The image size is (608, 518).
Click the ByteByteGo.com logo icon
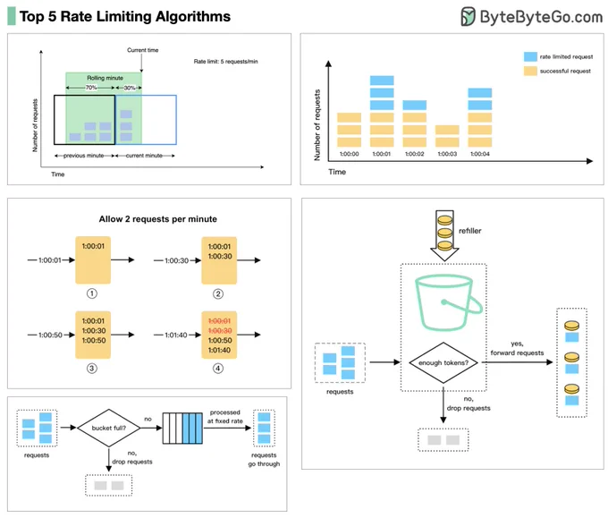(468, 16)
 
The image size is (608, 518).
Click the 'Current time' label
(143, 50)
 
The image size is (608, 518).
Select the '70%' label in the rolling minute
(91, 88)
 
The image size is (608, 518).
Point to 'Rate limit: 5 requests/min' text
(225, 62)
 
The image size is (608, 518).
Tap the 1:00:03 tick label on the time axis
(447, 154)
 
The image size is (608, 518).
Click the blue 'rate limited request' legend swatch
(530, 56)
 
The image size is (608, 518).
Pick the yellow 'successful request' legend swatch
(530, 71)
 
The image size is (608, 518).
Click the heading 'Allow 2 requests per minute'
(158, 219)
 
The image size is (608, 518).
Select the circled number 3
(92, 369)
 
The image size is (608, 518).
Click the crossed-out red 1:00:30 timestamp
(220, 331)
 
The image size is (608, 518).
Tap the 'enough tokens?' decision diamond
(443, 363)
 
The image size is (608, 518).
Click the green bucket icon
(448, 302)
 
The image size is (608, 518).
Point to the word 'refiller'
(470, 231)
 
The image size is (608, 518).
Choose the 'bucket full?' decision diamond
(109, 428)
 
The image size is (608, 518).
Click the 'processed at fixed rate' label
(225, 417)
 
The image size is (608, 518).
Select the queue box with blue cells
(182, 429)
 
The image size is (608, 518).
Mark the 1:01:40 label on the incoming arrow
(176, 335)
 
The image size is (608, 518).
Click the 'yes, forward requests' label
(518, 348)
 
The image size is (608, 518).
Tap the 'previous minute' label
(84, 156)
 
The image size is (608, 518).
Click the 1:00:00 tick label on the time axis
(349, 154)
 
